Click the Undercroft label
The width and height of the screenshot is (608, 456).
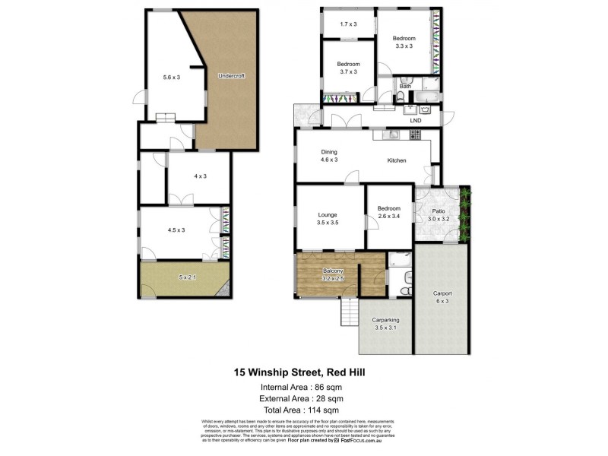(x=230, y=76)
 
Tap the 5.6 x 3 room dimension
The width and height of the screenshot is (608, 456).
(x=172, y=77)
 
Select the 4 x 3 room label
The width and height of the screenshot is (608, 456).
(x=200, y=176)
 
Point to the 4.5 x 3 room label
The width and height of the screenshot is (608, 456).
(x=176, y=230)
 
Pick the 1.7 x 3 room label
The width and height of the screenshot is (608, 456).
(x=347, y=24)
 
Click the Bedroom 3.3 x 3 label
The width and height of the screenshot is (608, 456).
(x=404, y=43)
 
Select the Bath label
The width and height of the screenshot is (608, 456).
(x=405, y=87)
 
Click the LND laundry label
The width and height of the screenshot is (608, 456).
(x=416, y=120)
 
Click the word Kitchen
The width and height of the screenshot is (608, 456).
(x=397, y=160)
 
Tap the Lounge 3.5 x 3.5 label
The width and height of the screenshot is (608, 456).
(x=328, y=220)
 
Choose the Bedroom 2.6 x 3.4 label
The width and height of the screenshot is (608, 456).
(x=388, y=212)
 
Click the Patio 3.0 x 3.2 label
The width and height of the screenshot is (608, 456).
(x=439, y=215)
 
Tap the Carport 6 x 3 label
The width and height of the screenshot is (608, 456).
(x=442, y=297)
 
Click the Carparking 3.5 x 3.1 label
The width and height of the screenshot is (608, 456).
(x=385, y=325)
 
